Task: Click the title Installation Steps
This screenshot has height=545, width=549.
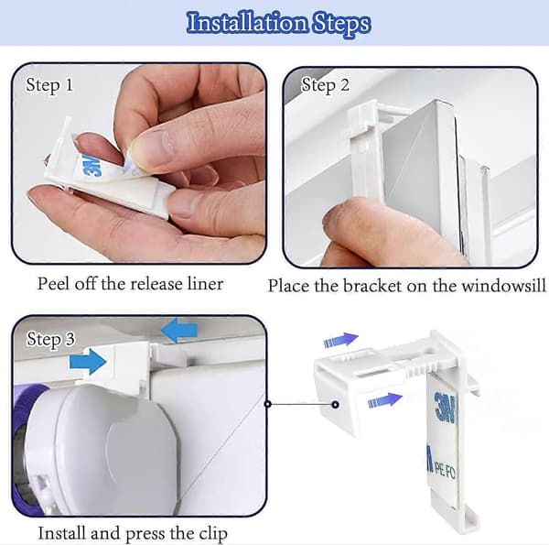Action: [278, 23]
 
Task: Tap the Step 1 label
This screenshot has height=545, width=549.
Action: [49, 85]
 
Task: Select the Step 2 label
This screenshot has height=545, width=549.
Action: [325, 85]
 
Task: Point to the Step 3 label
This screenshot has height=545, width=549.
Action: [50, 339]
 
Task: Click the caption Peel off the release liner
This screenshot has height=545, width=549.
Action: [130, 284]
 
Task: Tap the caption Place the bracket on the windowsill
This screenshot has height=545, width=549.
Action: [407, 286]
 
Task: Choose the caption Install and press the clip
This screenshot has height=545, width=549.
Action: [133, 533]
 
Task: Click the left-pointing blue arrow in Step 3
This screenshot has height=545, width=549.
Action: [179, 331]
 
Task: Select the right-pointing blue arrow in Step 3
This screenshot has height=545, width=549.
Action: [88, 361]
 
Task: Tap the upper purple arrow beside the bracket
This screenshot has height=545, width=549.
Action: [340, 340]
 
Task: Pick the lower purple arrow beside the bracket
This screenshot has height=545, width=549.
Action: [385, 399]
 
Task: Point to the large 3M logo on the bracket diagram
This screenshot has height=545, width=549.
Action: [445, 407]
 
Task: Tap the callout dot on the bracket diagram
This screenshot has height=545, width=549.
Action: [335, 405]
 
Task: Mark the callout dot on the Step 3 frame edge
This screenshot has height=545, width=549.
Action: [268, 404]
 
